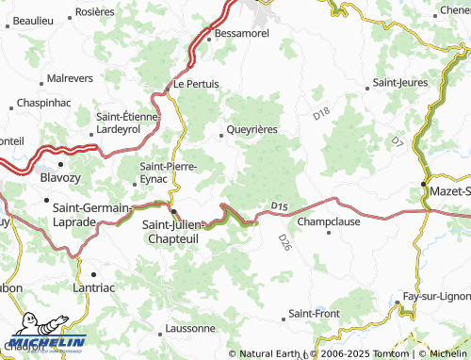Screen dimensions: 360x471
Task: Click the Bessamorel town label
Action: pyautogui.click(x=243, y=33)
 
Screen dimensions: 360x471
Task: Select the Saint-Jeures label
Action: pyautogui.click(x=401, y=83)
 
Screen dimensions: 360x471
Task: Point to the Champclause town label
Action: pyautogui.click(x=328, y=222)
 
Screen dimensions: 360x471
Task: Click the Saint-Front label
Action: pyautogui.click(x=314, y=313)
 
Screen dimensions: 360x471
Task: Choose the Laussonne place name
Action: pyautogui.click(x=189, y=328)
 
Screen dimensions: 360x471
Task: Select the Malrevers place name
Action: pyautogui.click(x=71, y=79)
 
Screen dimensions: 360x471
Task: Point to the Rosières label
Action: pyautogui.click(x=94, y=11)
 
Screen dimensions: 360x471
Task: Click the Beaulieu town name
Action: pyautogui.click(x=34, y=20)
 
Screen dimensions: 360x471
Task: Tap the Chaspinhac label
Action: pyautogui.click(x=45, y=101)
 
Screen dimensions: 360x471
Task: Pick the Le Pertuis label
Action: pyautogui.click(x=196, y=84)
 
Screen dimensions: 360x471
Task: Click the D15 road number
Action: pyautogui.click(x=278, y=206)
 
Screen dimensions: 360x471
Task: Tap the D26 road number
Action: pyautogui.click(x=284, y=242)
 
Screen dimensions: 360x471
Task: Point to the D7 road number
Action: pyautogui.click(x=397, y=141)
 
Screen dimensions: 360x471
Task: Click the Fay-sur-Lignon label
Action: pyautogui.click(x=435, y=297)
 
